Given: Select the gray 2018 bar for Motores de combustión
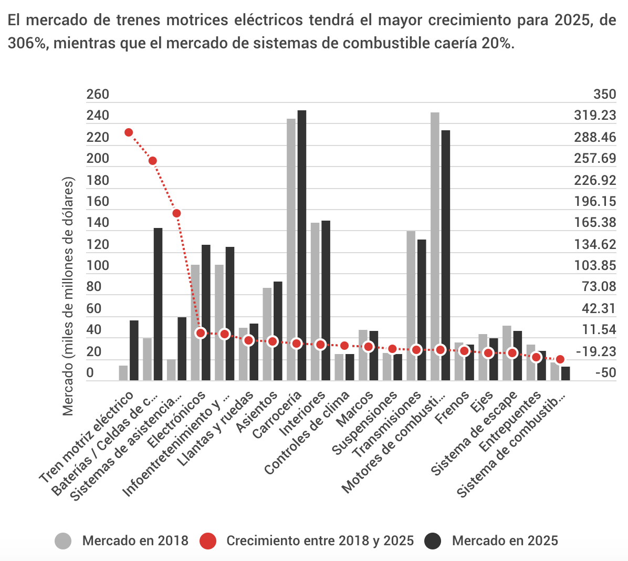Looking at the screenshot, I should pyautogui.click(x=435, y=246).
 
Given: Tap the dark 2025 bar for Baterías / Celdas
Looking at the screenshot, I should pyautogui.click(x=158, y=304).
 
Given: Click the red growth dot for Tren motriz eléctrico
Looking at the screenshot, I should pyautogui.click(x=129, y=132).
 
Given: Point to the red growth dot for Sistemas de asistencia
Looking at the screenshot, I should pyautogui.click(x=177, y=213).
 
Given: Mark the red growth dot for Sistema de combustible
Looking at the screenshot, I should pyautogui.click(x=560, y=359).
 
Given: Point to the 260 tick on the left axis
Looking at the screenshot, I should pyautogui.click(x=98, y=95).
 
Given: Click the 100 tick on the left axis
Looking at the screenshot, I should pyautogui.click(x=98, y=265).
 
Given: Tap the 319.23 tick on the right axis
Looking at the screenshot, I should pyautogui.click(x=595, y=116).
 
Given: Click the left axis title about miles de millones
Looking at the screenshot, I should pyautogui.click(x=69, y=297).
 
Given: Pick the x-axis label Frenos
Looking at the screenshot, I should pyautogui.click(x=453, y=408).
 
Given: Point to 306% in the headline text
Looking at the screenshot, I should pyautogui.click(x=26, y=43).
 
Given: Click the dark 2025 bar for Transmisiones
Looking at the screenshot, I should pyautogui.click(x=422, y=310).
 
